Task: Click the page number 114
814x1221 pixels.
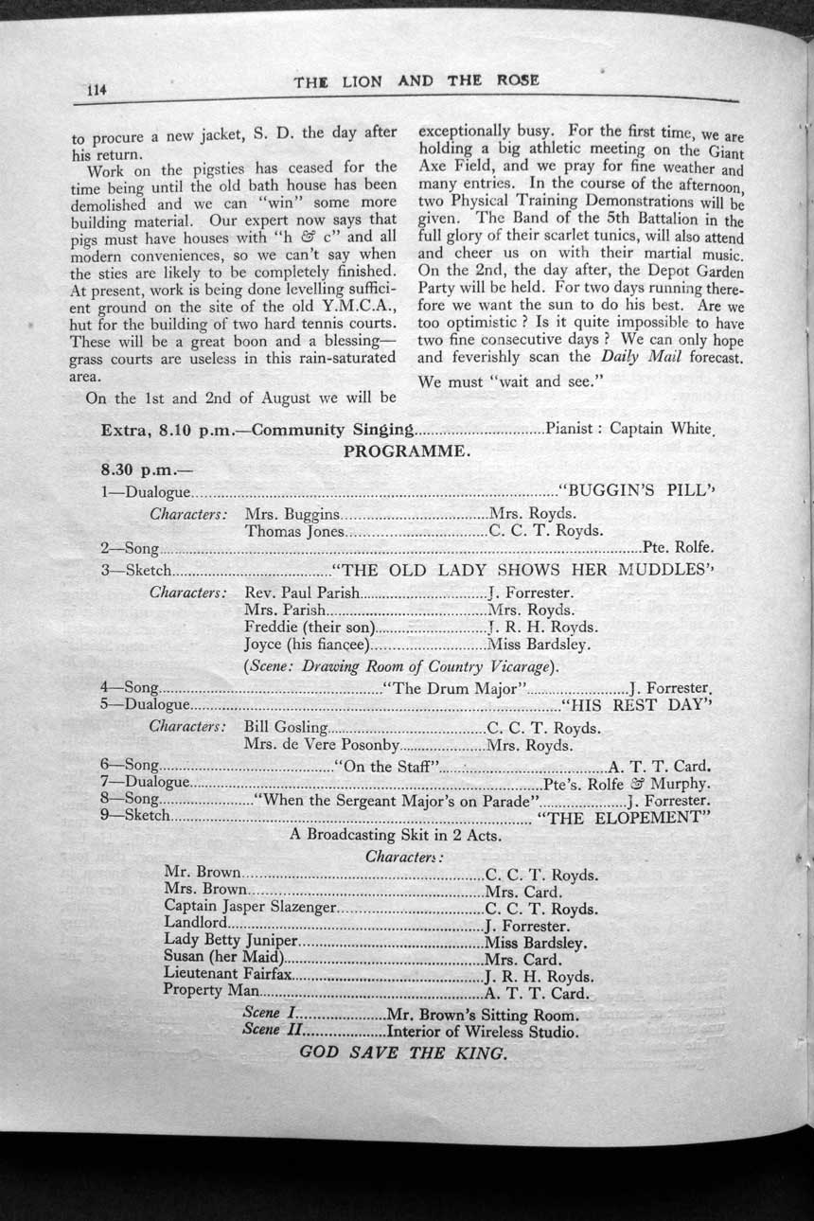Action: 95,91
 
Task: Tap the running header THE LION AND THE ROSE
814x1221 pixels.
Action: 416,80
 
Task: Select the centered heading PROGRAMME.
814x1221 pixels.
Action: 406,451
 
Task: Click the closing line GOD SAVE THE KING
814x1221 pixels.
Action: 403,1053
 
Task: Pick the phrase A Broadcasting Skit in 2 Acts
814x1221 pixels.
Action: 396,836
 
